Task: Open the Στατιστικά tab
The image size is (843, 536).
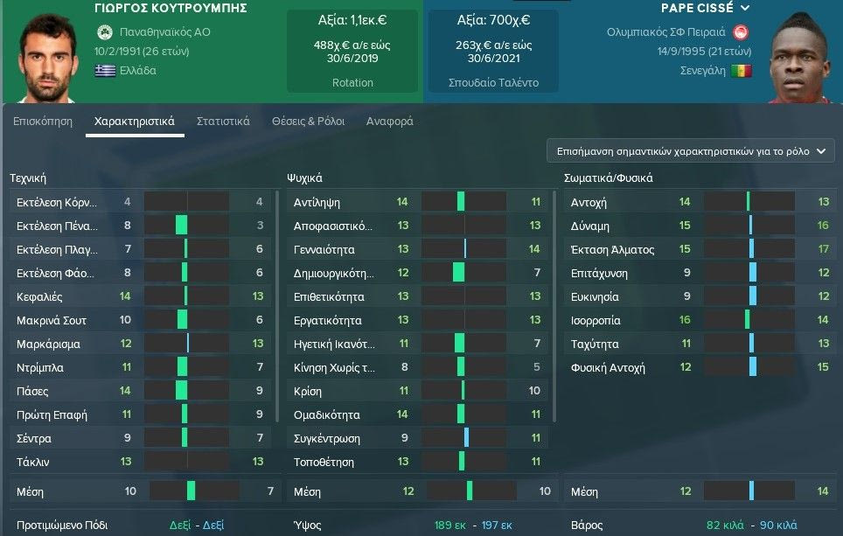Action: (x=223, y=122)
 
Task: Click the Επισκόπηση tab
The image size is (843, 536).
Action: (x=43, y=122)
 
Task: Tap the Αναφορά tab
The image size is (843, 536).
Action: (x=389, y=122)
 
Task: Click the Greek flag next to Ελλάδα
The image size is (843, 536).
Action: (x=105, y=71)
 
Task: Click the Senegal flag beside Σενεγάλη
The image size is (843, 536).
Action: (x=741, y=71)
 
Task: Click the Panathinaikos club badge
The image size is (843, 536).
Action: (x=105, y=32)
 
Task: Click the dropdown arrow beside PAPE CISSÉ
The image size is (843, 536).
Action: (x=744, y=8)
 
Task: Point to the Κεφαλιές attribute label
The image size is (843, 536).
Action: (x=39, y=297)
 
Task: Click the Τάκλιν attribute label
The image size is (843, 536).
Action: (x=33, y=462)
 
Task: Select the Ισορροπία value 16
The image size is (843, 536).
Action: (x=685, y=321)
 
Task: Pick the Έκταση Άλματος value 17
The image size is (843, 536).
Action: (x=823, y=250)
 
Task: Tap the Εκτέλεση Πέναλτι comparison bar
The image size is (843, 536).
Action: (x=187, y=226)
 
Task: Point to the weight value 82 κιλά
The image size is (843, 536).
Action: (x=725, y=526)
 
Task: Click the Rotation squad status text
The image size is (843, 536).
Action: (x=353, y=83)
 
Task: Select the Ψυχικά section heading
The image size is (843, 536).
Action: (x=305, y=178)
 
